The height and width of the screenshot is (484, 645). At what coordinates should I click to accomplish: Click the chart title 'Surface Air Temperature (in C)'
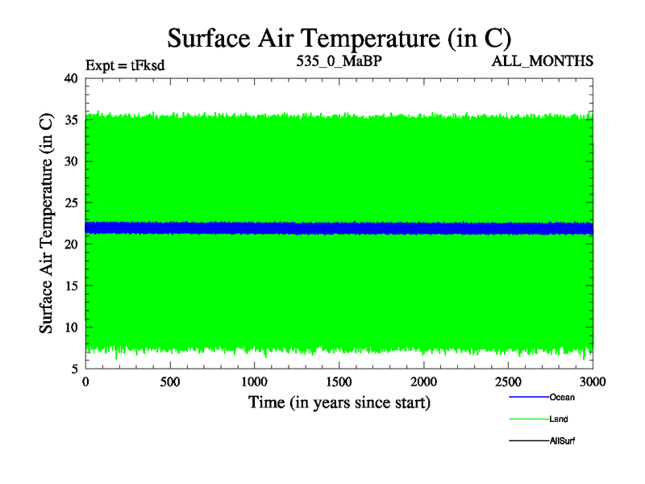click(x=339, y=37)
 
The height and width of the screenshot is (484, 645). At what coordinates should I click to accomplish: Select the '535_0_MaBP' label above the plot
click(x=338, y=61)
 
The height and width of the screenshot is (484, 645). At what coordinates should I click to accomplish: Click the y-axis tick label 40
click(x=70, y=78)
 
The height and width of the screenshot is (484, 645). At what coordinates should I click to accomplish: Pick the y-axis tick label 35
click(x=70, y=120)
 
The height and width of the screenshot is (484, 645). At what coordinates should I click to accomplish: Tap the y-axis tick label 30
click(x=70, y=161)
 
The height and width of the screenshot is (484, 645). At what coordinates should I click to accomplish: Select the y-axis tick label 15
click(x=70, y=286)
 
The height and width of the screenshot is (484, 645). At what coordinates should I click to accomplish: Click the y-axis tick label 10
click(x=70, y=328)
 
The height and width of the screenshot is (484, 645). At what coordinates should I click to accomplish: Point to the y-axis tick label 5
click(x=74, y=369)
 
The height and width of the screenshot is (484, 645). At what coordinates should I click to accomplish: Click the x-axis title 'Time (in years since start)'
click(x=339, y=402)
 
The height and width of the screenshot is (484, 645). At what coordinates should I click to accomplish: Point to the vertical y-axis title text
click(x=48, y=223)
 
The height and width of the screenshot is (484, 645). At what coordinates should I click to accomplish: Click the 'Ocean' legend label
click(x=562, y=397)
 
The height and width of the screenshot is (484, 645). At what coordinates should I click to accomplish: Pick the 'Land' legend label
click(x=559, y=419)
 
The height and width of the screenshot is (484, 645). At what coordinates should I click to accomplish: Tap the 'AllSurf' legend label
click(x=562, y=441)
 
